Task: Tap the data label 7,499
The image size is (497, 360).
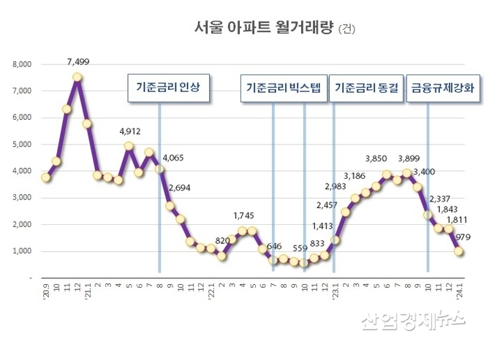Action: click(77, 62)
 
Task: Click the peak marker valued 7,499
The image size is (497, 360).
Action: click(77, 77)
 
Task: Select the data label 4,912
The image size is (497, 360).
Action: click(129, 132)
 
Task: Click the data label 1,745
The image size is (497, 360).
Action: click(245, 215)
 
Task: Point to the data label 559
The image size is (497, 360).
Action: click(300, 248)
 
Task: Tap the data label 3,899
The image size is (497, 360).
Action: click(408, 158)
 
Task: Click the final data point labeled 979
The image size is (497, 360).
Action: click(459, 251)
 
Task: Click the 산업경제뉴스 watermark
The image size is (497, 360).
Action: click(413, 319)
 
